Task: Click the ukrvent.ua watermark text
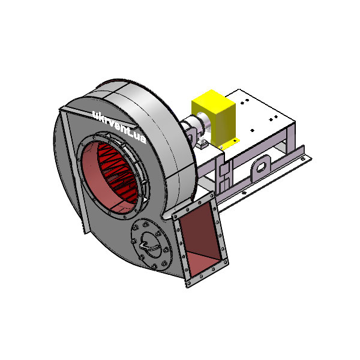coord(119,127)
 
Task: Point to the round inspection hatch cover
coord(151,244)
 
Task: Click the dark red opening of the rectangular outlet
coord(200,239)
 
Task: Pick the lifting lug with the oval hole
coord(260,166)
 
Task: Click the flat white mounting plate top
coord(259,115)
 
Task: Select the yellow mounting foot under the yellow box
coord(227,144)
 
